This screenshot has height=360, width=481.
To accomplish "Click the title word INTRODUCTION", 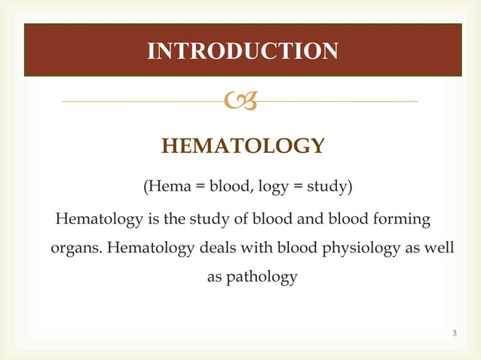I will click(x=243, y=51).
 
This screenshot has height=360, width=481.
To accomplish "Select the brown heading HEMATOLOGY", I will click(x=244, y=145).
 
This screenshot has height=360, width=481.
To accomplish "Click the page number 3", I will click(x=455, y=333).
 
